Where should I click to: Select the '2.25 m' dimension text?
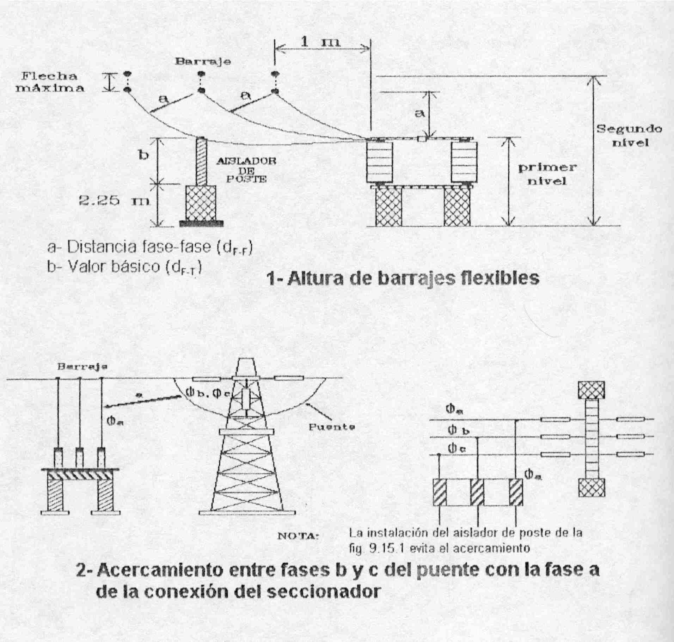114,201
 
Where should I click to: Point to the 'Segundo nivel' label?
629,135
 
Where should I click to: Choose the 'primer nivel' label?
547,174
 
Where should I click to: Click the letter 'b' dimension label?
143,155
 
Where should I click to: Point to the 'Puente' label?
332,427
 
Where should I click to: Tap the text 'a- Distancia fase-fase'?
129,248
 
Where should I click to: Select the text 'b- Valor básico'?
106,267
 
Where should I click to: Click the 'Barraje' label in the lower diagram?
82,367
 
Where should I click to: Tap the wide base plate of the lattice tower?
247,512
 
